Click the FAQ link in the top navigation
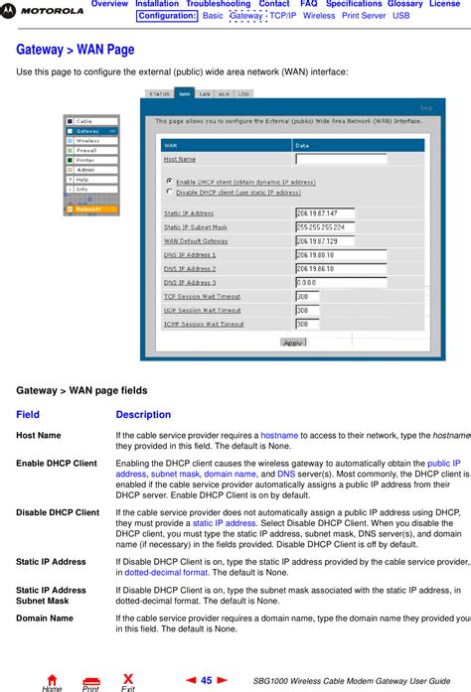tap(308, 5)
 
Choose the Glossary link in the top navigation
tap(404, 5)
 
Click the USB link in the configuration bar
tap(401, 17)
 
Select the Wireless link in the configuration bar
tap(319, 17)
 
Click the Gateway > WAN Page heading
tap(76, 50)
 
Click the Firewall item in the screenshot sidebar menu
tap(86, 150)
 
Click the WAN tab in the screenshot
tap(185, 94)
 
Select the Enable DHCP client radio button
tap(168, 182)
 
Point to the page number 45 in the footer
tap(206, 680)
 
